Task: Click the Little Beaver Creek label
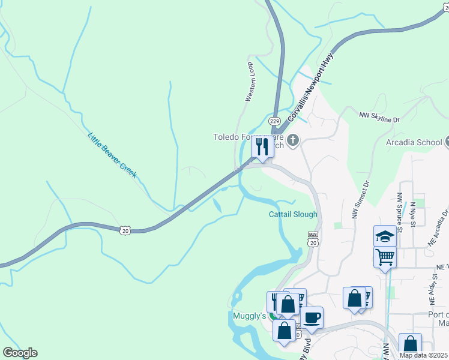[112, 155]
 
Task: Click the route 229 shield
[274, 121]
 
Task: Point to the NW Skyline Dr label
[379, 116]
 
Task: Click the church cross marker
[293, 141]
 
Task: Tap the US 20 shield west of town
[124, 230]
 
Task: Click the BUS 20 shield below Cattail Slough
[313, 239]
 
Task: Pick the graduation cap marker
[385, 236]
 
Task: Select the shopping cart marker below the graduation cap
[385, 257]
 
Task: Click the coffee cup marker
[312, 317]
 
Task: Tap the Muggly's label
[249, 316]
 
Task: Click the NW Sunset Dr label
[360, 200]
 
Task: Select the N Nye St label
[413, 214]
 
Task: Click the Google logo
[20, 353]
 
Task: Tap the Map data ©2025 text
[424, 355]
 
